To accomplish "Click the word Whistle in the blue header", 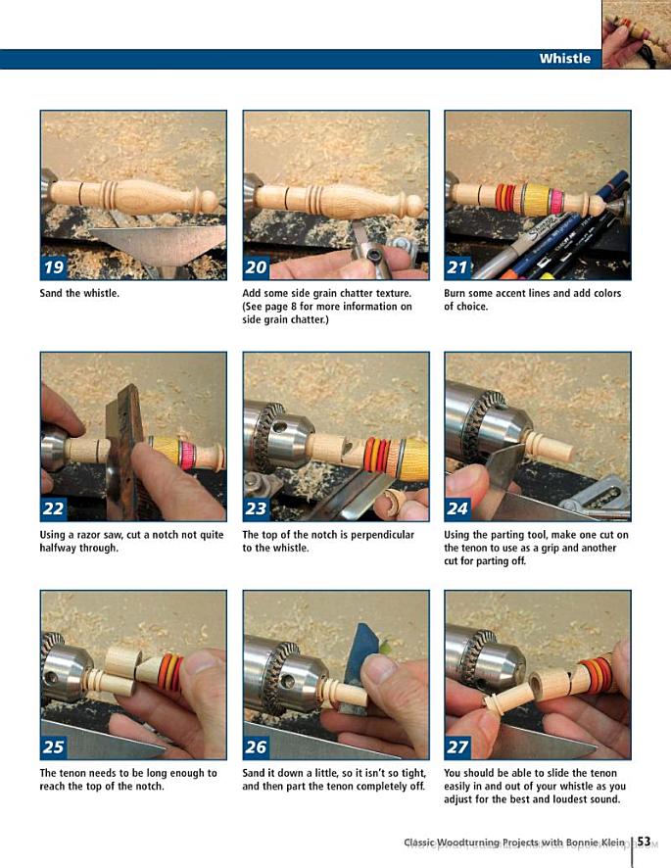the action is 564,58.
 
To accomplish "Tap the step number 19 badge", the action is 54,267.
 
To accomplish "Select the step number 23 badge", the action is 256,508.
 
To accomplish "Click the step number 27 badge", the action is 457,747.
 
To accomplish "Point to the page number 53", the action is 644,842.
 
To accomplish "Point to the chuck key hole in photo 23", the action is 279,427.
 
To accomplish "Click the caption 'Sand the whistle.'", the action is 79,293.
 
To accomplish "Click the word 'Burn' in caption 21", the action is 455,293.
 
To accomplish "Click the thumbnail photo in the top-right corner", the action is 636,34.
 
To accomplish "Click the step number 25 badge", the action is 54,747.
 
